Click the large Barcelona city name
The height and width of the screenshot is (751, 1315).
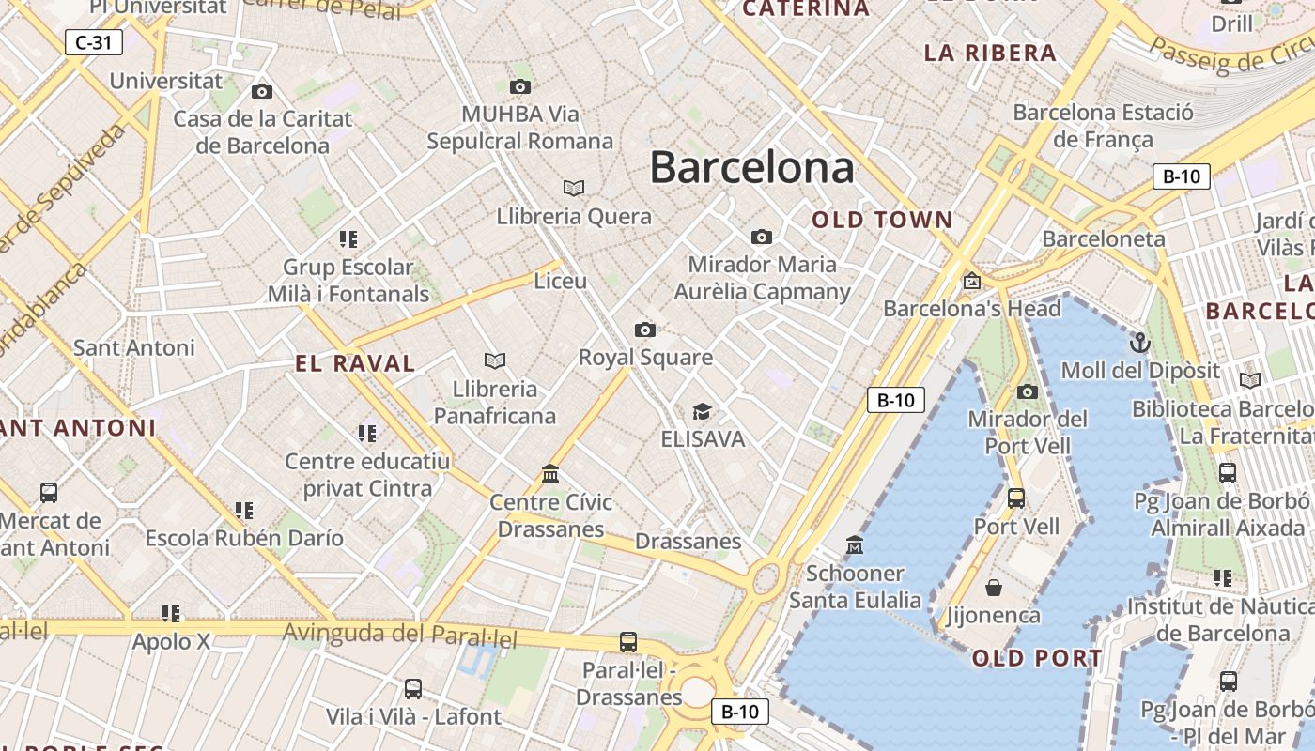click(x=751, y=168)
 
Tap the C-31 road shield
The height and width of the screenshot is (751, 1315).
click(x=94, y=42)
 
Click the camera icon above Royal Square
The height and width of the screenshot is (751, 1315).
click(x=645, y=330)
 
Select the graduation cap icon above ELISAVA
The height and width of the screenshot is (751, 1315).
click(x=702, y=411)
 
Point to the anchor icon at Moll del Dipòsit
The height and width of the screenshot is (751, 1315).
click(x=1140, y=343)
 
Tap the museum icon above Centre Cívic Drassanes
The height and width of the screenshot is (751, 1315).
click(x=550, y=474)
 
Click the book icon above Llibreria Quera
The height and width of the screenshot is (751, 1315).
click(x=574, y=188)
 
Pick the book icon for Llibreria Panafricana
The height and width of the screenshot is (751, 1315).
click(x=495, y=360)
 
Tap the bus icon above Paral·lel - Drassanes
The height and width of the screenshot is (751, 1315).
click(x=628, y=642)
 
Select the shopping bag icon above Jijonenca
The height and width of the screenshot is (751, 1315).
click(x=994, y=588)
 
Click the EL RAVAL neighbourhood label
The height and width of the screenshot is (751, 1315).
click(x=355, y=364)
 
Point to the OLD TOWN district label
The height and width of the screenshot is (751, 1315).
click(x=882, y=221)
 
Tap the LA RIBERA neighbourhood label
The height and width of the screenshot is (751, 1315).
click(x=990, y=54)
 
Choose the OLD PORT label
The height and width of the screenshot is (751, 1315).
click(x=1037, y=658)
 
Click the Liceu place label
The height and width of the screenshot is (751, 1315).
click(x=560, y=281)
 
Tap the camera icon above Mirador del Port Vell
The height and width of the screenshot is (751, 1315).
click(x=1028, y=391)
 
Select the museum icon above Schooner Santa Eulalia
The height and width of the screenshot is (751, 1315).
click(x=855, y=544)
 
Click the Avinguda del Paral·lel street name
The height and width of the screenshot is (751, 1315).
click(x=400, y=635)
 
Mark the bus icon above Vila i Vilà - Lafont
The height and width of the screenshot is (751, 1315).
click(x=413, y=689)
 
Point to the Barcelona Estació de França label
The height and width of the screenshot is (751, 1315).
click(x=1103, y=126)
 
